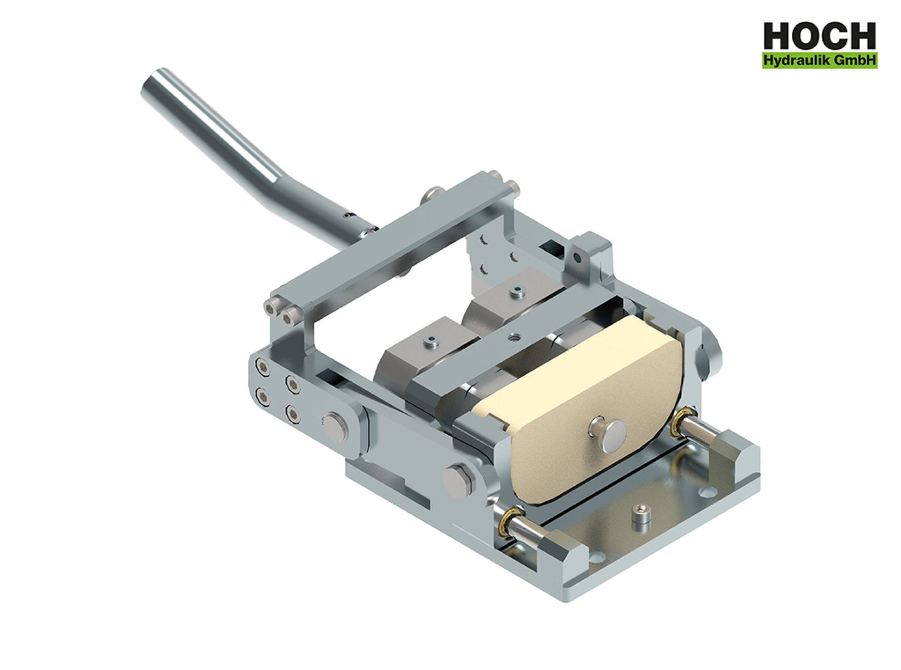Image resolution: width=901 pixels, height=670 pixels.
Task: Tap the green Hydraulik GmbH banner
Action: coord(819,61)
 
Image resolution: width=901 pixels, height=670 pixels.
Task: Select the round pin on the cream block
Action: coord(607,431)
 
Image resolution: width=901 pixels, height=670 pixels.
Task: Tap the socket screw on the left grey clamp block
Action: coord(431,341)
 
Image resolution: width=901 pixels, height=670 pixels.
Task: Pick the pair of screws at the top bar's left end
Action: coord(279,312)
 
